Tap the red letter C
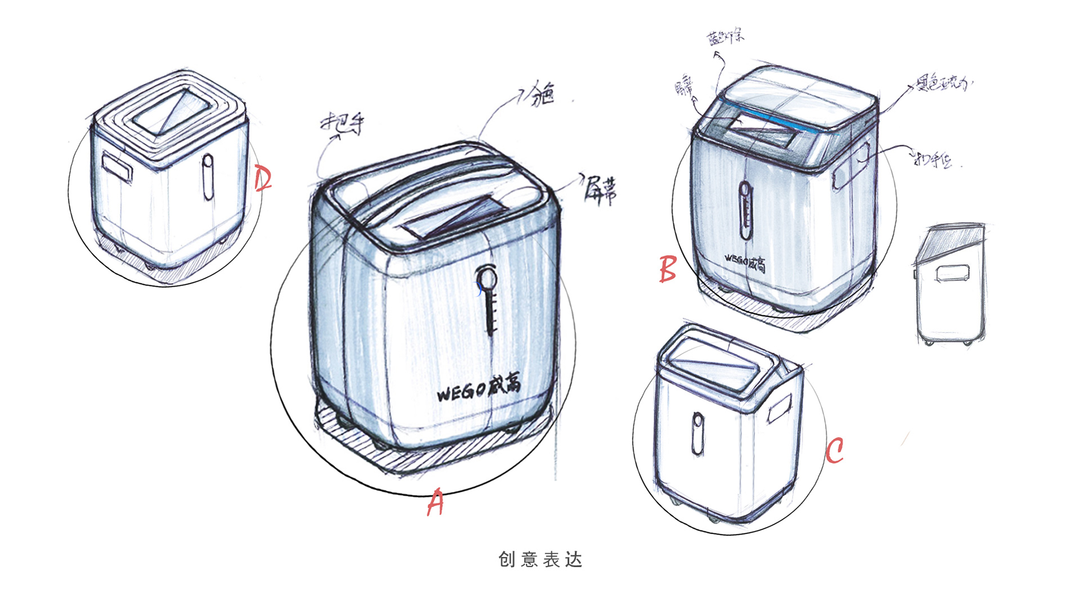click(x=835, y=451)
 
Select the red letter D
click(x=262, y=179)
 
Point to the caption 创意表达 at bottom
click(x=540, y=559)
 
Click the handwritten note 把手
click(x=343, y=123)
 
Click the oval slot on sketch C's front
click(x=697, y=433)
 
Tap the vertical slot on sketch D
click(x=208, y=177)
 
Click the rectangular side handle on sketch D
click(x=117, y=167)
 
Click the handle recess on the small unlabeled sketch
click(x=952, y=273)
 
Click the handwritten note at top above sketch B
click(x=726, y=37)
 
